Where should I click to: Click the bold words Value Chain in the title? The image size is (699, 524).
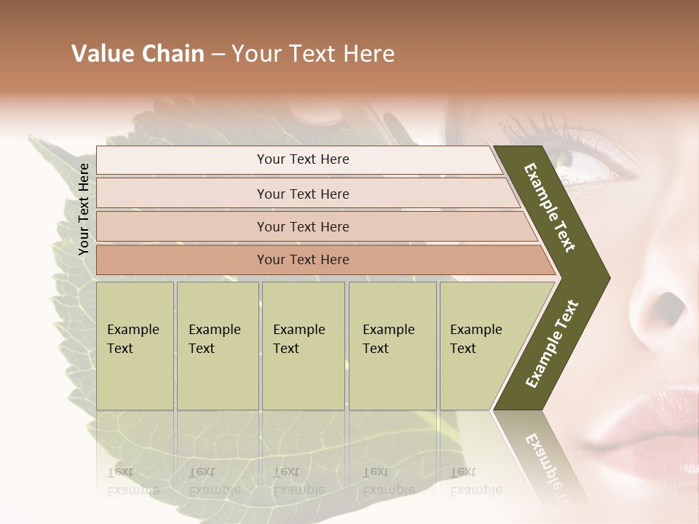(x=138, y=54)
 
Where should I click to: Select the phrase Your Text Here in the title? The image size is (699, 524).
(x=313, y=54)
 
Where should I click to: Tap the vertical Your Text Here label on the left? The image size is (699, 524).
(x=84, y=209)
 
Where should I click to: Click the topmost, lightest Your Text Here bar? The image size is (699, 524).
(x=302, y=159)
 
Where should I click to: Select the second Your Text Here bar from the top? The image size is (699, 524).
(x=302, y=194)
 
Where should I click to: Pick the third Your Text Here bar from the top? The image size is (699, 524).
(x=302, y=226)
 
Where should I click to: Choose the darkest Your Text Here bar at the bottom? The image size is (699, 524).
(x=302, y=260)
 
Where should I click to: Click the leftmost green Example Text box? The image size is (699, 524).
(x=135, y=346)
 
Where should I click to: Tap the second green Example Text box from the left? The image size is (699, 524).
(x=218, y=346)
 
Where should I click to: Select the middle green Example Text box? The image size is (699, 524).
(x=303, y=346)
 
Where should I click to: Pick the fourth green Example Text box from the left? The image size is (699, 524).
(x=392, y=346)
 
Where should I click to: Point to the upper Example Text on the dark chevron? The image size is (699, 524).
(x=550, y=207)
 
